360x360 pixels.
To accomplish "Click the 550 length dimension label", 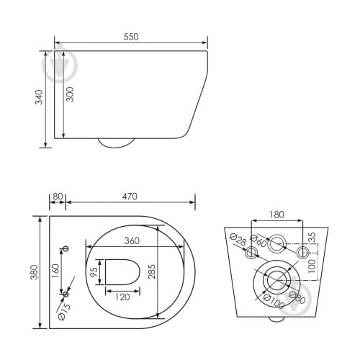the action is (x=131, y=37).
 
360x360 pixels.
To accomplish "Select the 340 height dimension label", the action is (x=39, y=97).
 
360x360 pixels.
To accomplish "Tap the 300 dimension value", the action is (x=70, y=94).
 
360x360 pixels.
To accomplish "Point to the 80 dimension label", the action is (x=58, y=197).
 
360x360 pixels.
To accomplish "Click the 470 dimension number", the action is (x=130, y=197).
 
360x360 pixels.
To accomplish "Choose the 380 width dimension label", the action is (x=35, y=272).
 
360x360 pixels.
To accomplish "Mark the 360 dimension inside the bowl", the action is (x=132, y=240).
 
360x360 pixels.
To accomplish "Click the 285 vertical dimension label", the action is (x=152, y=271).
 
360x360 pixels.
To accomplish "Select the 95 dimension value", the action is (x=94, y=272).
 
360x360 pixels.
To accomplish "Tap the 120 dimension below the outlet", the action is (x=122, y=297).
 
